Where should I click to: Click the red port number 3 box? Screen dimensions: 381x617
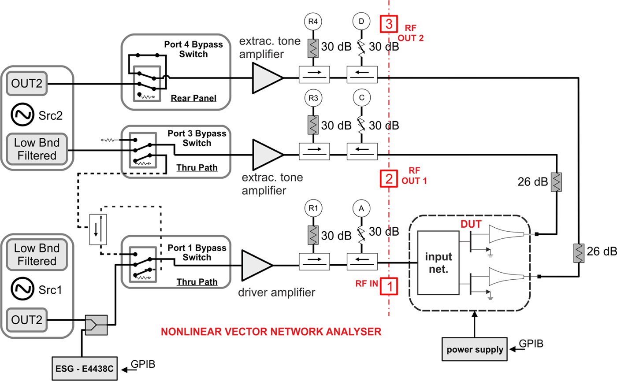(x=389, y=24)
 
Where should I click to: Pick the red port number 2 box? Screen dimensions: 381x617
(x=389, y=178)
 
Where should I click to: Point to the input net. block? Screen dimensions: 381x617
(x=439, y=262)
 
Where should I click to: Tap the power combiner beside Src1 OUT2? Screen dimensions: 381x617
(x=96, y=324)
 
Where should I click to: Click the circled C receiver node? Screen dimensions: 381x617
(x=362, y=98)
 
